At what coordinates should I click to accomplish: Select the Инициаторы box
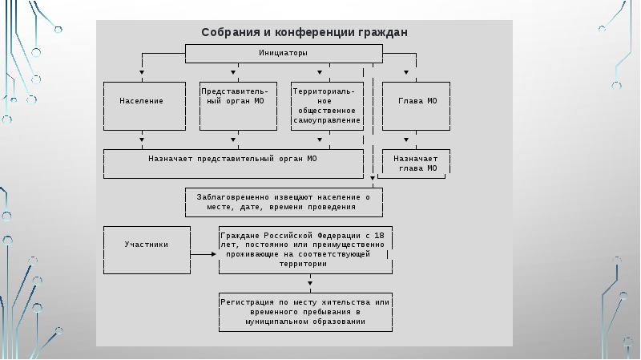284,54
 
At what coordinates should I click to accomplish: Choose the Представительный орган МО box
238,106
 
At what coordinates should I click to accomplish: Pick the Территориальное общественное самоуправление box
327,106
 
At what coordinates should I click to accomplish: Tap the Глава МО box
416,106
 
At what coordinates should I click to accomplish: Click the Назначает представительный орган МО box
233,164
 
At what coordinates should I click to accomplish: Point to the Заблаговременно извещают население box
284,202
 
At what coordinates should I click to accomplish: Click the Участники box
147,250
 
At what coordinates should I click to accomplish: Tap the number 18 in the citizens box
379,236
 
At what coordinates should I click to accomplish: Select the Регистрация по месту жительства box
305,312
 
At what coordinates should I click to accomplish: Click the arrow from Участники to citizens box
204,254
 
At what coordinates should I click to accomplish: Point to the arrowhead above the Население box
142,72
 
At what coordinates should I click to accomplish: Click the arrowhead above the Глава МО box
406,72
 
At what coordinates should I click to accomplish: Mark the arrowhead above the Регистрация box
310,283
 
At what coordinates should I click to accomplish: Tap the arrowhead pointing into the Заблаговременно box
373,178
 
